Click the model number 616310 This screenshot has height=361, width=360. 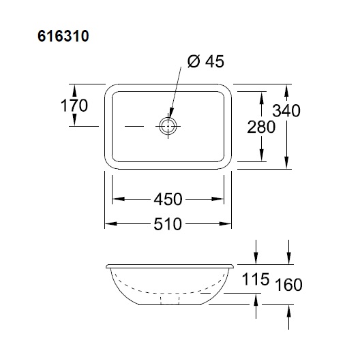click(x=63, y=36)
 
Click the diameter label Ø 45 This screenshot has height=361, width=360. click(x=206, y=61)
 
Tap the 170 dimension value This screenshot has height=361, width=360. click(x=74, y=106)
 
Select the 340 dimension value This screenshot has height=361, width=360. click(x=286, y=111)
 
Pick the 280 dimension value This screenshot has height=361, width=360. click(x=261, y=127)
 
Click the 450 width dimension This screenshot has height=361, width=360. click(x=168, y=199)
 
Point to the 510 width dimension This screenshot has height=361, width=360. click(x=168, y=224)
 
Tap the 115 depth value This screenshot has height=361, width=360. click(x=256, y=279)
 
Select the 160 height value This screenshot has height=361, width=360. click(x=288, y=285)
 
